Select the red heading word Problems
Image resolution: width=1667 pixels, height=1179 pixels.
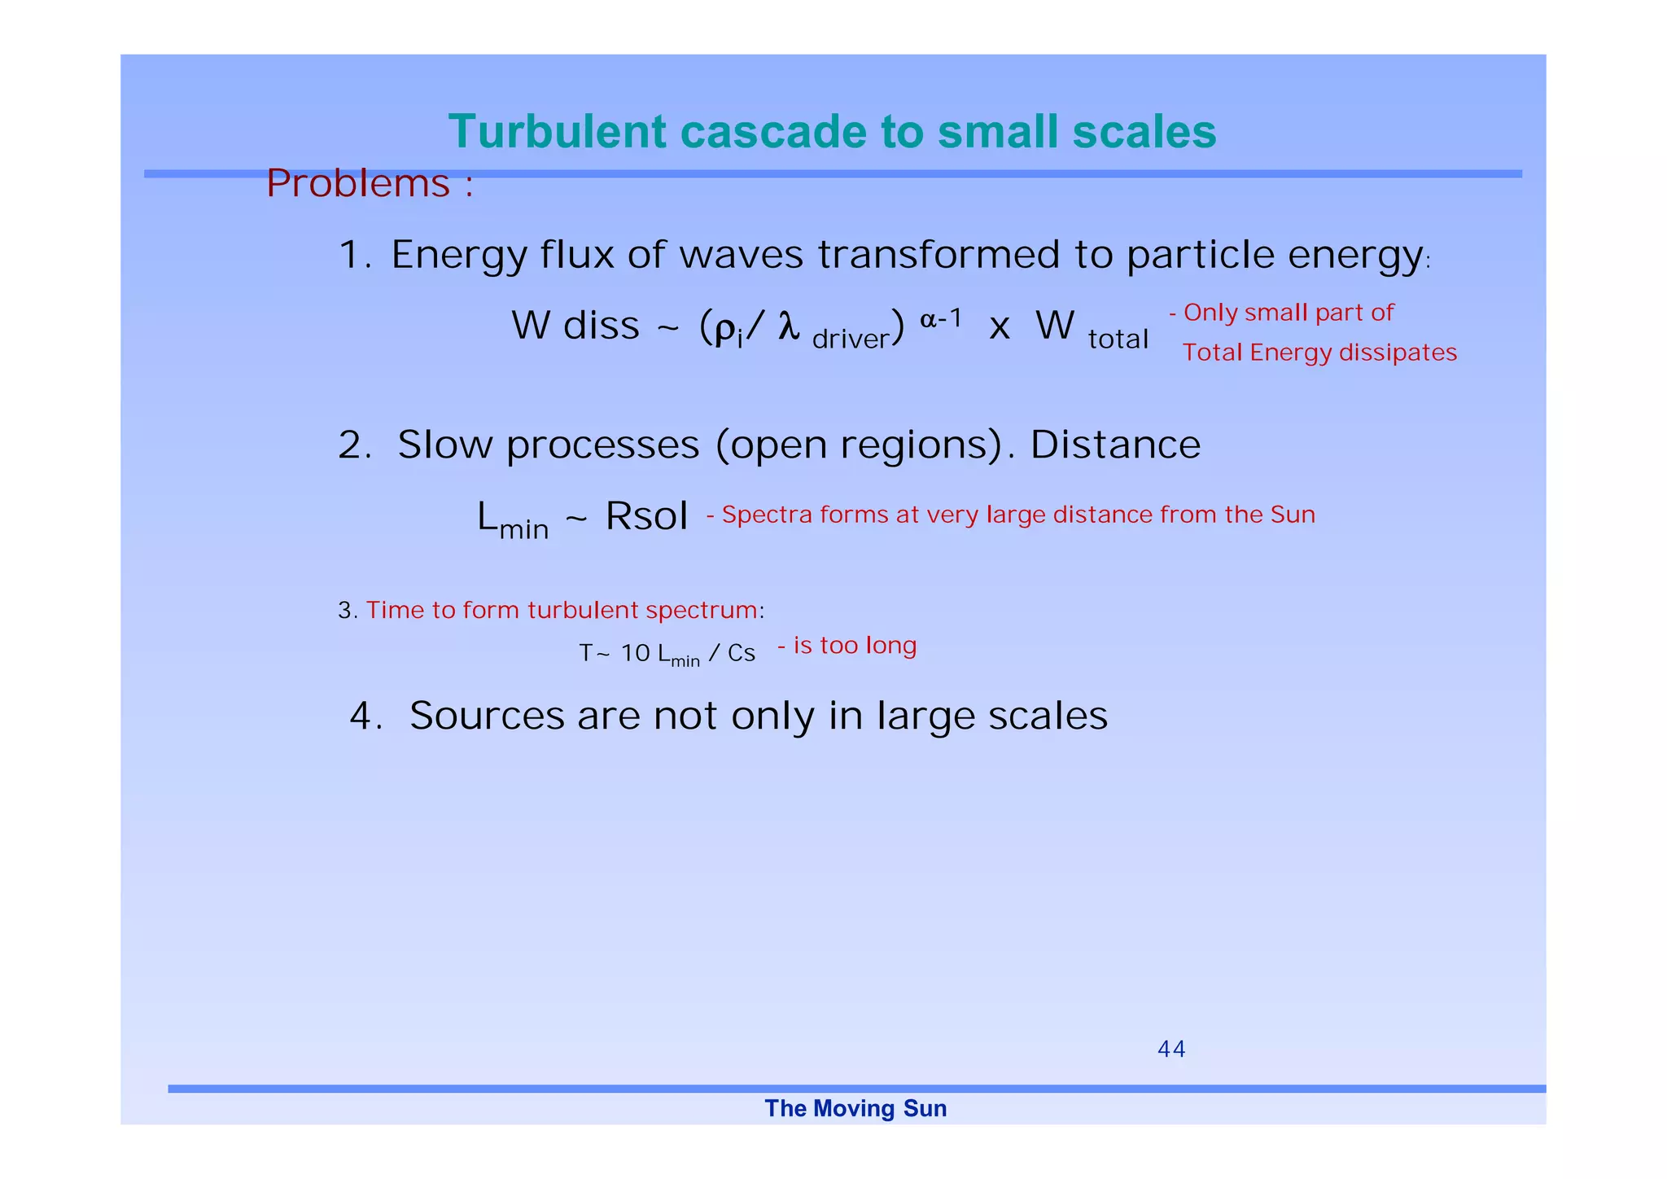click(x=357, y=184)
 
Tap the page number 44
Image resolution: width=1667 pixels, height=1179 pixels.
click(x=1170, y=1050)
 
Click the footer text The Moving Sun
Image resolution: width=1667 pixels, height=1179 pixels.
click(x=855, y=1109)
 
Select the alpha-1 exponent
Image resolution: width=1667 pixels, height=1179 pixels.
click(x=941, y=319)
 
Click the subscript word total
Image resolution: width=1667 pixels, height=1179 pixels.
click(x=1118, y=339)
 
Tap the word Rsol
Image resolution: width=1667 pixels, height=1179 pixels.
click(x=646, y=516)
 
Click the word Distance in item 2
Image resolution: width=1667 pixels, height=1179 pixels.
click(x=1114, y=445)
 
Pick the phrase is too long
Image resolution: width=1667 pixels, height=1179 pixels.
click(x=854, y=646)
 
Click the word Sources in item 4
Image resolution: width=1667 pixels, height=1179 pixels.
click(x=487, y=717)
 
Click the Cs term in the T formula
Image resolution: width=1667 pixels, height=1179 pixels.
click(x=742, y=654)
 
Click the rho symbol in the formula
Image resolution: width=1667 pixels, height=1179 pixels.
click(x=724, y=328)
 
